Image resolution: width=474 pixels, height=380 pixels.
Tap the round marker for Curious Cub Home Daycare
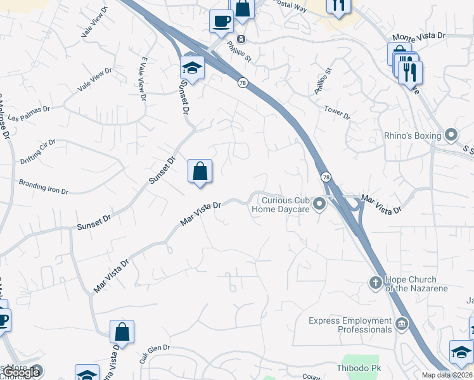pos(320,203)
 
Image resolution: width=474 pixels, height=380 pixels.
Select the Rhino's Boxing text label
pos(413,135)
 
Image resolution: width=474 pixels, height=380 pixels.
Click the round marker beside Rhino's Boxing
pos(451,134)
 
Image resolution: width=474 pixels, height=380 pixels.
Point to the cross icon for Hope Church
pos(375,283)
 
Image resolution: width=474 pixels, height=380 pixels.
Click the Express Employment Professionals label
pos(350,325)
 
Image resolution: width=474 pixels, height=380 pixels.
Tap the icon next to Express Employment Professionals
pos(401,325)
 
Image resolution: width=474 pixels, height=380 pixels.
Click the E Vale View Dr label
pos(143,79)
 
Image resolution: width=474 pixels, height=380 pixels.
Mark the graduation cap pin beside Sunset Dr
pos(192,66)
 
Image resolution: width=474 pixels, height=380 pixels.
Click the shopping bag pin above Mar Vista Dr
pos(200,171)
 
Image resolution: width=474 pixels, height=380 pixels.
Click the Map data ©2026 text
pos(447,375)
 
